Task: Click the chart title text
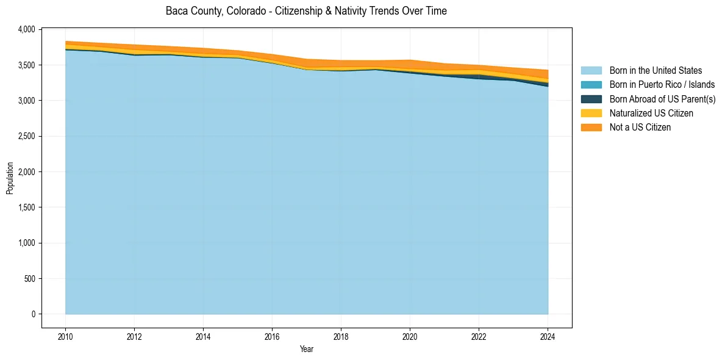tap(306, 11)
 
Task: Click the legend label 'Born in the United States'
tap(655, 71)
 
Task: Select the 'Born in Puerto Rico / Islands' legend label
tap(662, 85)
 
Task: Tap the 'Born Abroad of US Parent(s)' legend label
tap(662, 99)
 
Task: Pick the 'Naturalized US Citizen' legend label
tap(651, 113)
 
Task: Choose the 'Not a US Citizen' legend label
tap(640, 128)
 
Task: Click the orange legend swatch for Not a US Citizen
tap(591, 128)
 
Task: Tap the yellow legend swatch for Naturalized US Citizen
tap(591, 113)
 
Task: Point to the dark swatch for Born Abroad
tap(591, 99)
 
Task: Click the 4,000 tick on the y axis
tap(27, 29)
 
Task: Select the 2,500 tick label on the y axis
tap(27, 136)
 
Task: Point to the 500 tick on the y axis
tap(30, 279)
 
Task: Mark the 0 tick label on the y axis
tap(34, 314)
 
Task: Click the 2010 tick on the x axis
tap(65, 336)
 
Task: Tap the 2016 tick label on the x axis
tap(272, 336)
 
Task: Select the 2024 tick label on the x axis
tap(548, 336)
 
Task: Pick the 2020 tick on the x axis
tap(410, 336)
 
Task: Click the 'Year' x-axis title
tap(307, 349)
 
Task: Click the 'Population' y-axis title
tap(10, 178)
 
